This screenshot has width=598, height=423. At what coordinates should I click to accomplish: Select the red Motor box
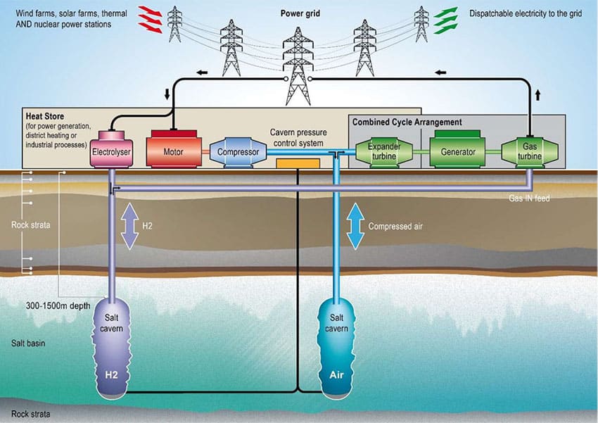pyautogui.click(x=173, y=149)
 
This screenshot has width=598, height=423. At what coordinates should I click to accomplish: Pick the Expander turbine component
pyautogui.click(x=383, y=151)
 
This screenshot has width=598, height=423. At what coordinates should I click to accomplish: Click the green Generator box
pyautogui.click(x=458, y=151)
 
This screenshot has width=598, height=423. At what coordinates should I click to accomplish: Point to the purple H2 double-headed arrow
pyautogui.click(x=129, y=226)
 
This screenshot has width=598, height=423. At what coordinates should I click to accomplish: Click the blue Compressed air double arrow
pyautogui.click(x=355, y=226)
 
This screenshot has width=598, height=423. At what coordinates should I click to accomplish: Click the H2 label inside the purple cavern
pyautogui.click(x=113, y=375)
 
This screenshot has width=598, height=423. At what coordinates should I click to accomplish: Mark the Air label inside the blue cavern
pyautogui.click(x=336, y=375)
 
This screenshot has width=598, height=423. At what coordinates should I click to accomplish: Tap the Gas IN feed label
pyautogui.click(x=529, y=198)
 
